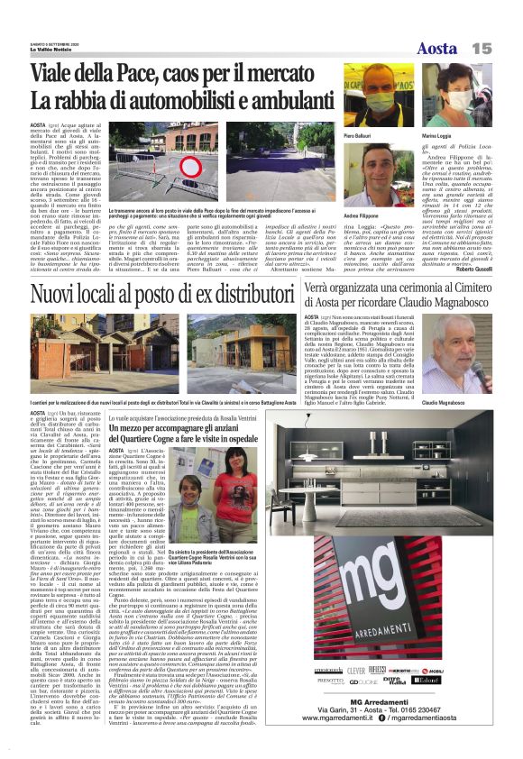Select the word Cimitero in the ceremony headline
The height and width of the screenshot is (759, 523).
click(462, 288)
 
